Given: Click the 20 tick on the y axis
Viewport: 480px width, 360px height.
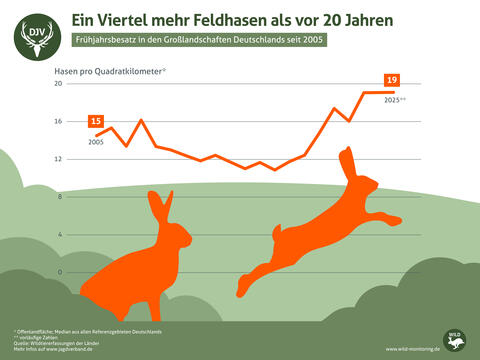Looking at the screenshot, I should pyautogui.click(x=58, y=84).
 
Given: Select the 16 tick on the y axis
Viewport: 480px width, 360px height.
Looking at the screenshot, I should pyautogui.click(x=58, y=122).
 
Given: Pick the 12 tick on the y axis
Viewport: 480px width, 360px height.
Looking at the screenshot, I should pyautogui.click(x=58, y=159).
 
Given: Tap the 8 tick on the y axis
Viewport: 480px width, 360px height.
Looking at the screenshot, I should pyautogui.click(x=59, y=197).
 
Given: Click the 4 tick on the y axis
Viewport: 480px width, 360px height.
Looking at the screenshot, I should pyautogui.click(x=59, y=234).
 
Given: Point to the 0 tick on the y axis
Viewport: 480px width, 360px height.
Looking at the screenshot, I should pyautogui.click(x=59, y=272).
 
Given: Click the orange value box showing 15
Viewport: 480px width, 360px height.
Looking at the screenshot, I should pyautogui.click(x=96, y=121).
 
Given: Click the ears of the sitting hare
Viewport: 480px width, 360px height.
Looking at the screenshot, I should pyautogui.click(x=159, y=208).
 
